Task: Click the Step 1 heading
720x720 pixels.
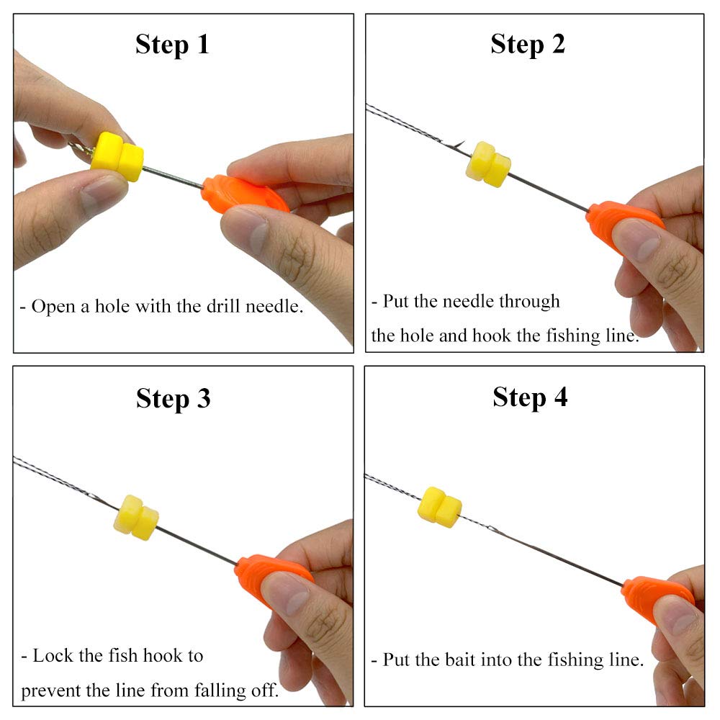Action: pyautogui.click(x=172, y=45)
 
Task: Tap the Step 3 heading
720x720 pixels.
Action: pyautogui.click(x=173, y=398)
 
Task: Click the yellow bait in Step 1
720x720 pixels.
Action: pyautogui.click(x=118, y=156)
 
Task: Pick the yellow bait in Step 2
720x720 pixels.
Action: pyautogui.click(x=488, y=164)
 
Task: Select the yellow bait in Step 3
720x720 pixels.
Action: pyautogui.click(x=136, y=517)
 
